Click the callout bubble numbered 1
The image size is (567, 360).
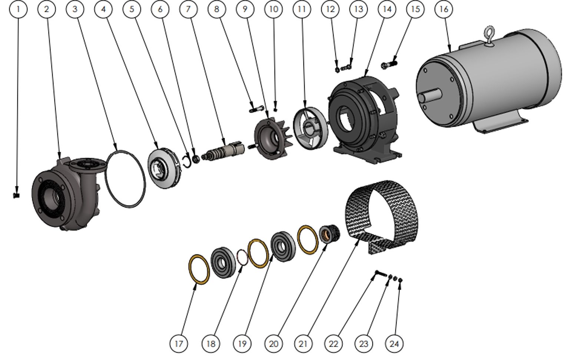[18, 9]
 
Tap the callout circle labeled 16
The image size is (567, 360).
[444, 9]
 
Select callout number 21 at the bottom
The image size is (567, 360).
[303, 344]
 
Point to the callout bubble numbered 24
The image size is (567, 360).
[394, 344]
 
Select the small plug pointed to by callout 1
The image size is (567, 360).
[16, 195]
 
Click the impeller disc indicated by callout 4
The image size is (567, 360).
[165, 168]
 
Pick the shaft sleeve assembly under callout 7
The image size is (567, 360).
[223, 151]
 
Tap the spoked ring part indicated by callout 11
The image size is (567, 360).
[311, 129]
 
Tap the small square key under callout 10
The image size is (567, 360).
[275, 110]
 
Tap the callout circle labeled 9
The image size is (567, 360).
[245, 9]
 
